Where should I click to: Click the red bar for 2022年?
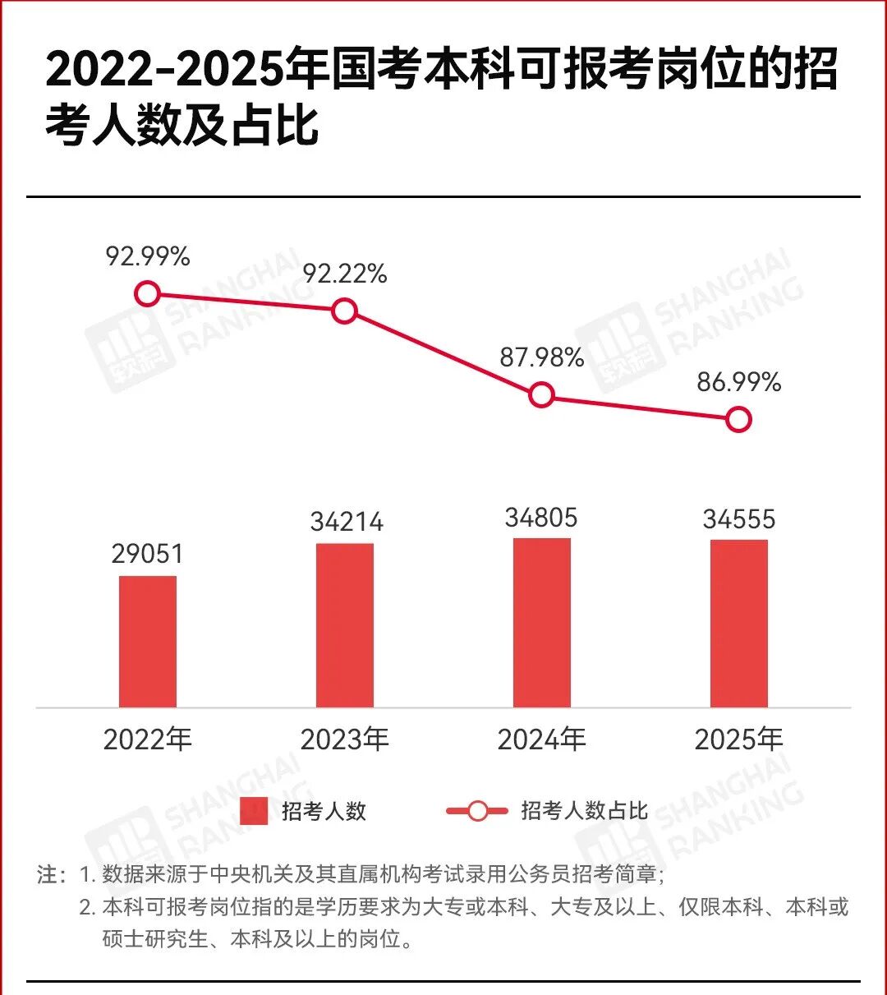pos(148,642)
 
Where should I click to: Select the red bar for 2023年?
pos(345,626)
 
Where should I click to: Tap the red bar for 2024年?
pos(542,624)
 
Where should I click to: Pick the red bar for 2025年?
pos(739,624)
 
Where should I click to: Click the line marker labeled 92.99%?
pos(147,293)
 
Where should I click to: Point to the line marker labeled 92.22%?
pos(344,311)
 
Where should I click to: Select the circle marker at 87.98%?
pos(541,395)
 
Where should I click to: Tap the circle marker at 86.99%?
pos(739,419)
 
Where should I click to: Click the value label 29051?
pos(147,554)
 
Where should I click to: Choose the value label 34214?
pos(347,522)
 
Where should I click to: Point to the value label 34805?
pos(541,518)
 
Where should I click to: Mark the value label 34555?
pos(739,519)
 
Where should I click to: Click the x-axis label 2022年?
pos(147,739)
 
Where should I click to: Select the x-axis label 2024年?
pos(541,739)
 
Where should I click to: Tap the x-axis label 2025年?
pos(739,739)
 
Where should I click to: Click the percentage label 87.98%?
pos(542,357)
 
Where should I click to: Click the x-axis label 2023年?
pos(345,739)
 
